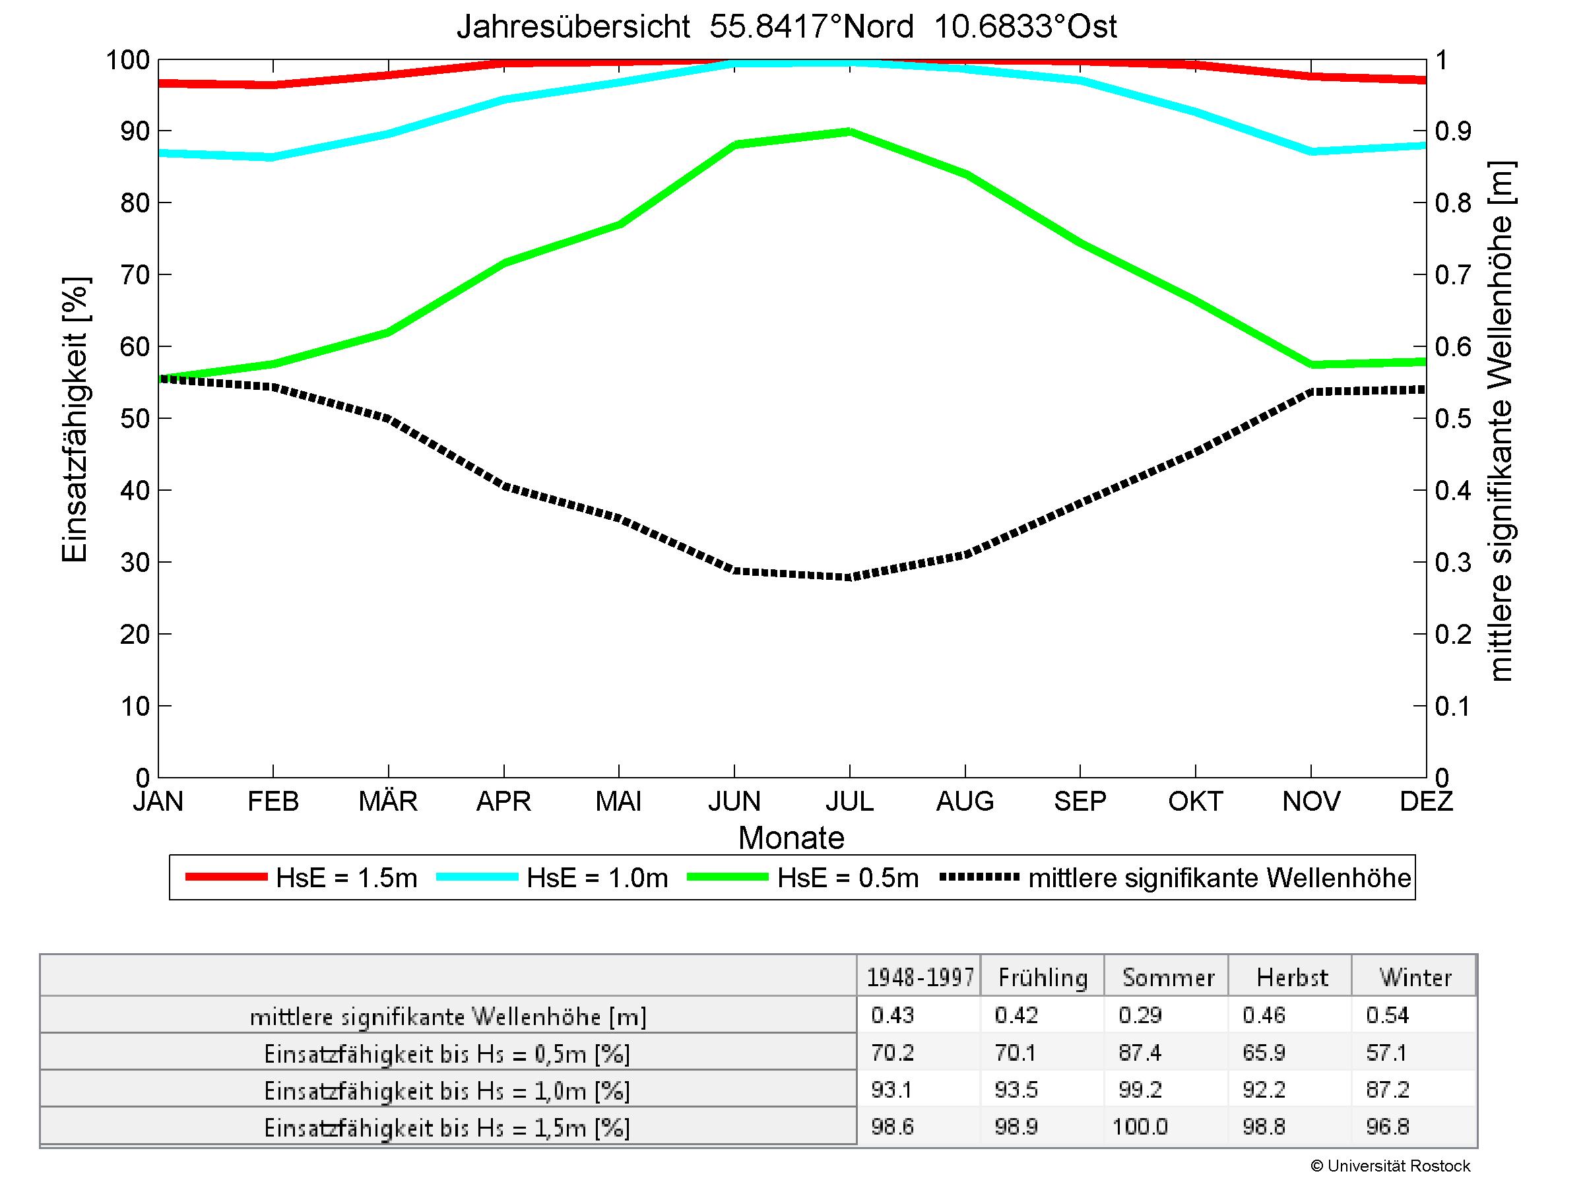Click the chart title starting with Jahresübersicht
tap(786, 27)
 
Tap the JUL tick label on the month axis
tap(849, 801)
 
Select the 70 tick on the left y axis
tap(135, 275)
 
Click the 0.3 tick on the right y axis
tap(1453, 563)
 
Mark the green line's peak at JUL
tap(849, 132)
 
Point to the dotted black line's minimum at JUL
tap(849, 577)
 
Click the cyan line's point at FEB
tap(273, 157)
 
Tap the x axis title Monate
tap(791, 838)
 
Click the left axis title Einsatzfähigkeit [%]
tap(75, 420)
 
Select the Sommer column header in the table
tap(1168, 978)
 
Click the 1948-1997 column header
tap(920, 978)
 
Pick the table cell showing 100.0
tap(1140, 1127)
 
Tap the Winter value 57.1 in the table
tap(1386, 1053)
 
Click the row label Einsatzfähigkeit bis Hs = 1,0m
tap(447, 1090)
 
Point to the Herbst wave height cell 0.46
tap(1264, 1015)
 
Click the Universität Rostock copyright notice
tap(1390, 1166)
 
